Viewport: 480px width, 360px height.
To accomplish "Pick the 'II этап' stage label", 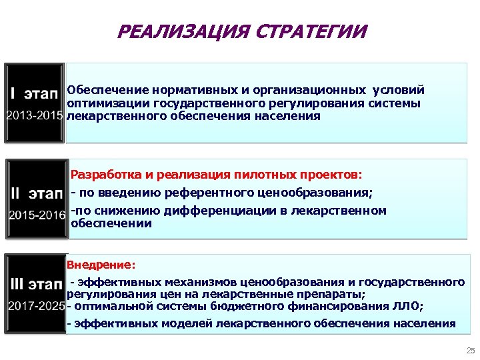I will point(37,193).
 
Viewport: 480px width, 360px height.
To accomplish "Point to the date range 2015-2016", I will point(37,215).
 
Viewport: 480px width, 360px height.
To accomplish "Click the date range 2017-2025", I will point(35,306).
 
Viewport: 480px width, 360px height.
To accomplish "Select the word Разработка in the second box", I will point(107,175).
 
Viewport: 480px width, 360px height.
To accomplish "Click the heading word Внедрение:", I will point(101,265).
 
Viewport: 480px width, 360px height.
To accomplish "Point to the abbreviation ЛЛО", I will point(409,307).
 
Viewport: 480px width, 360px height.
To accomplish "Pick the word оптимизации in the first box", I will point(109,103).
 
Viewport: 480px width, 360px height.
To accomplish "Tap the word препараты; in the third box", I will point(331,293).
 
